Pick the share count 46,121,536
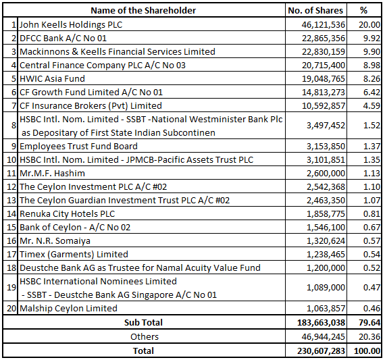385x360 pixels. (x=320, y=24)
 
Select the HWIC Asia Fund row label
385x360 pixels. (x=52, y=78)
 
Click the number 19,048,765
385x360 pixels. (x=320, y=78)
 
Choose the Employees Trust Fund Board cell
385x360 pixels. (x=78, y=146)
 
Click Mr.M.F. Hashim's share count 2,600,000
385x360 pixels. (x=326, y=173)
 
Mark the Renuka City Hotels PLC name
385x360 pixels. (x=67, y=213)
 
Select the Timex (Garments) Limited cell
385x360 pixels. (x=74, y=254)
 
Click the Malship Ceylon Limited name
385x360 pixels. (x=68, y=308)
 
